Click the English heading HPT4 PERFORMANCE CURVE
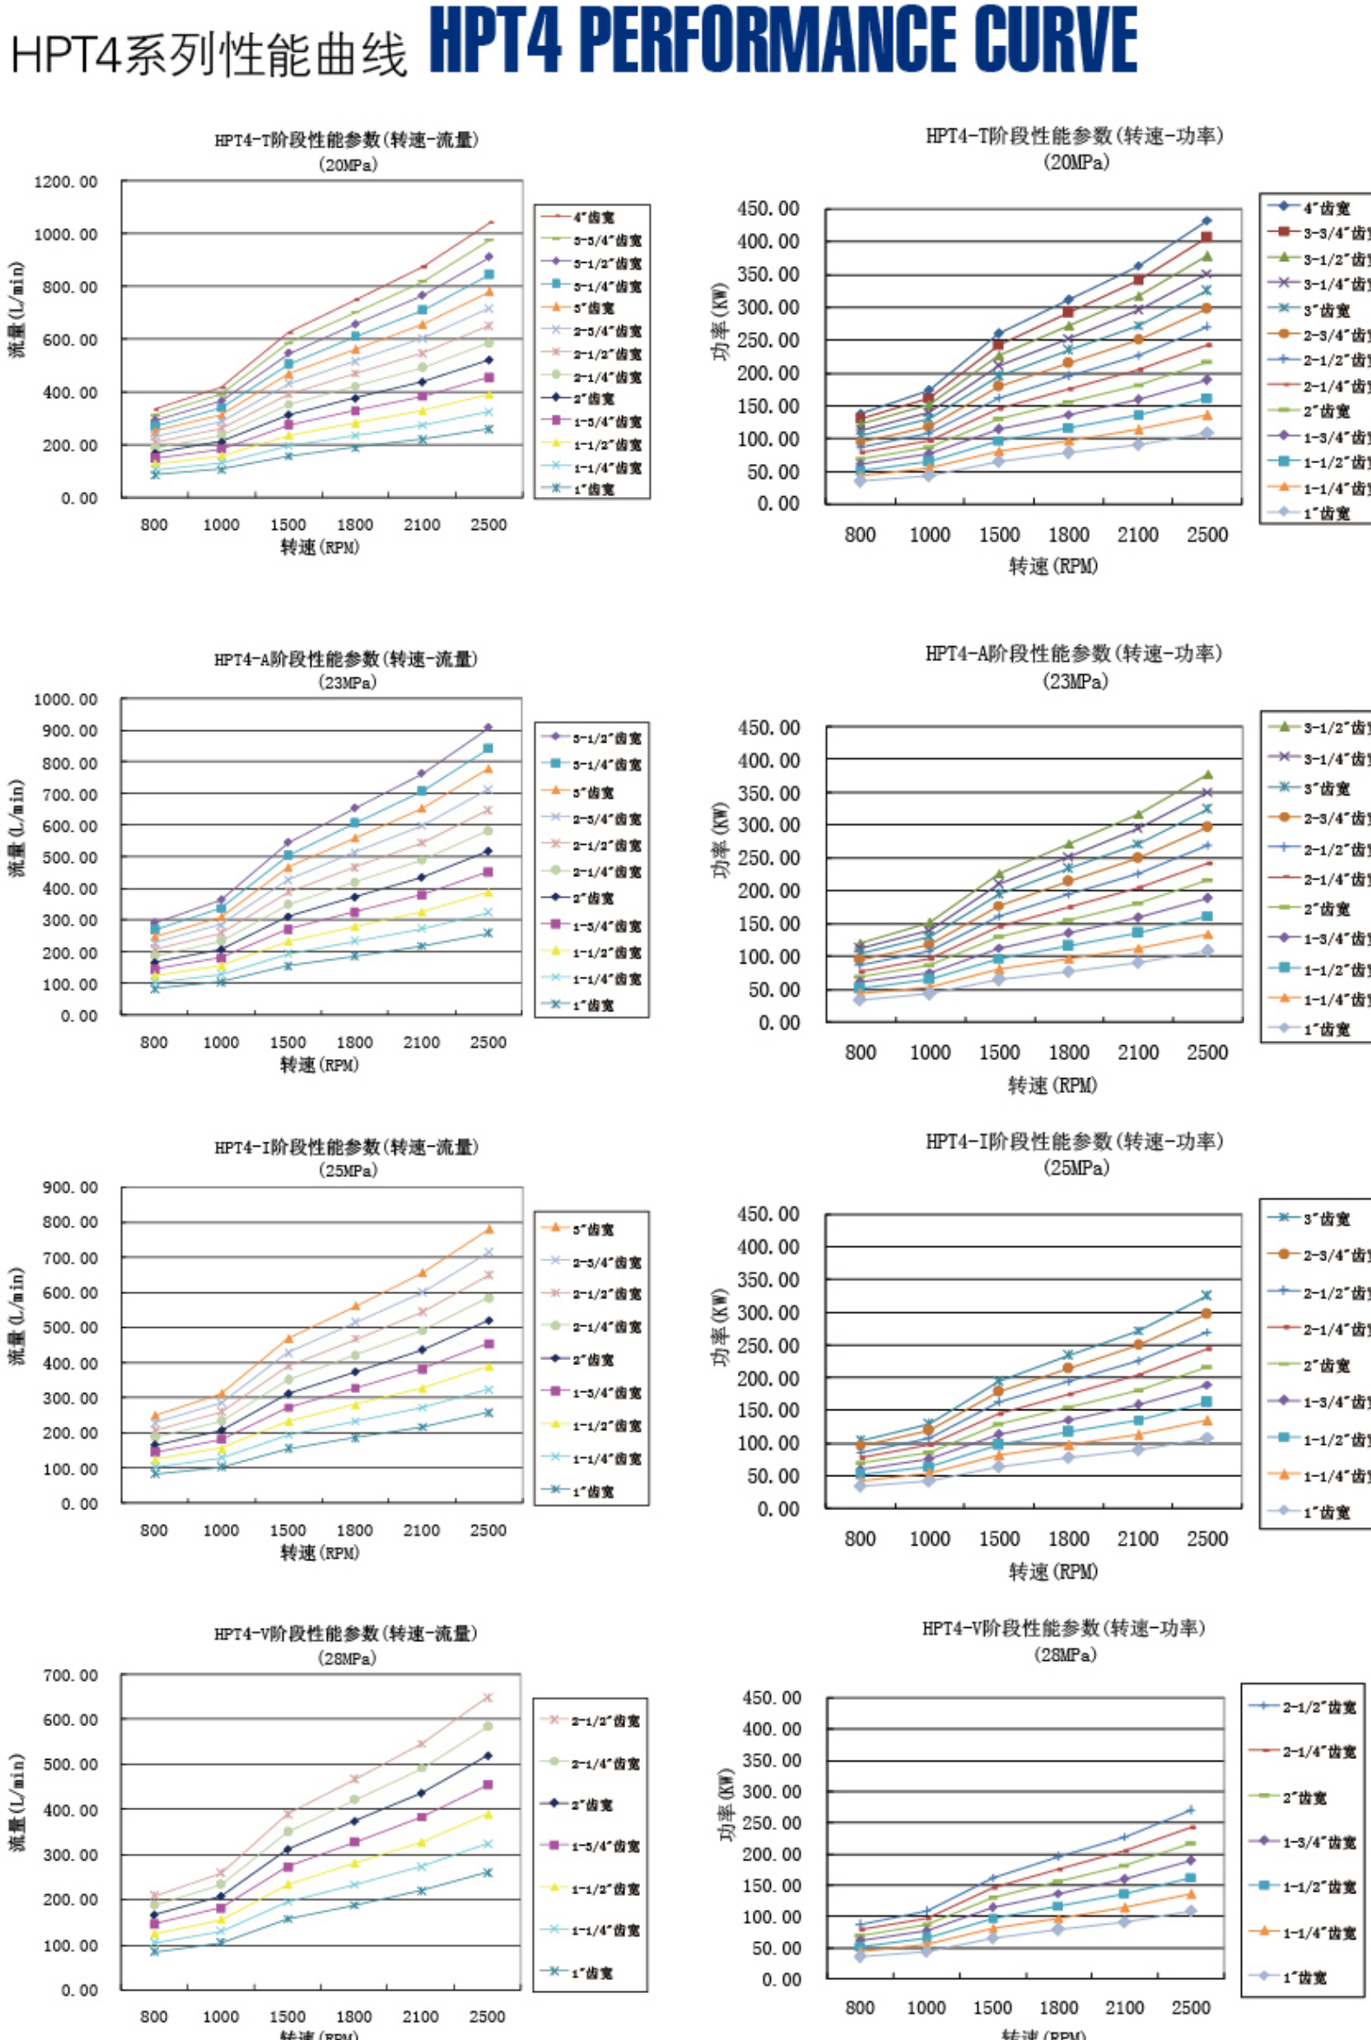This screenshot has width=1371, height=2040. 782,40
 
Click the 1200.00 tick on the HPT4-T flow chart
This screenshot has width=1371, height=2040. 66,182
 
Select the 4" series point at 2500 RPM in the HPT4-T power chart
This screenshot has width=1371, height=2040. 1206,221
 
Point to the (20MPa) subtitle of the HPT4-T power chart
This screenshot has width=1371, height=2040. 1075,163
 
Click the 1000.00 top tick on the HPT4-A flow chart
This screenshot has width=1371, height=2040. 66,700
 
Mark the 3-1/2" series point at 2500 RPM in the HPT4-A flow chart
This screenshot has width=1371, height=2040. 488,728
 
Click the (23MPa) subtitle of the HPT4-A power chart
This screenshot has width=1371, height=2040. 1074,681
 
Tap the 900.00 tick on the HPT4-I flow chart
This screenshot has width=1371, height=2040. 70,1187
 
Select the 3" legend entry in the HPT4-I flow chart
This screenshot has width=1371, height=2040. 592,1228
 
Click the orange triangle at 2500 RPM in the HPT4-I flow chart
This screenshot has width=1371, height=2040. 488,1228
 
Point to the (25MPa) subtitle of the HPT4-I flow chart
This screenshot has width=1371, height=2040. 347,1170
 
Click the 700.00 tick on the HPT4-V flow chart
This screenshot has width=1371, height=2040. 70,1676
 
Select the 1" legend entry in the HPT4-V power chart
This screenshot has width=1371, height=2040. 1303,1977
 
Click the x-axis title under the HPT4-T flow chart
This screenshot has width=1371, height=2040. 319,547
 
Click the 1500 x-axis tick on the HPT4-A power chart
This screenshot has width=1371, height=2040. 998,1053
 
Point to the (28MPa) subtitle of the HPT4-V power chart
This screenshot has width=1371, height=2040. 1066,1654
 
